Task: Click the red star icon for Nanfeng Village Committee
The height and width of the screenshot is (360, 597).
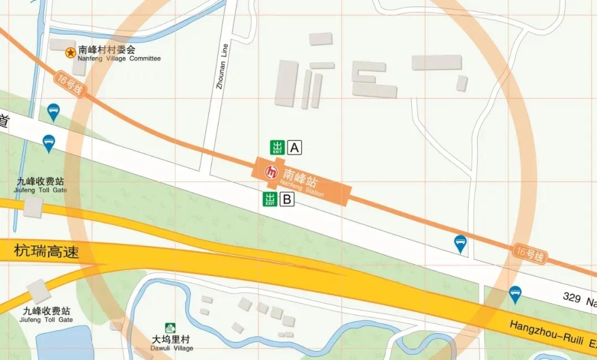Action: click(71, 53)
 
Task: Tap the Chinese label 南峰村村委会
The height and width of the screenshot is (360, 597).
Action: click(107, 49)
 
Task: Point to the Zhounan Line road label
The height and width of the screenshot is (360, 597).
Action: click(222, 67)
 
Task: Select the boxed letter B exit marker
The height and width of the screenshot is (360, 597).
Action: click(287, 199)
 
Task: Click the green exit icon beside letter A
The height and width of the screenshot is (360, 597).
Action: click(277, 148)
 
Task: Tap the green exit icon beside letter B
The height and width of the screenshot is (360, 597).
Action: click(270, 199)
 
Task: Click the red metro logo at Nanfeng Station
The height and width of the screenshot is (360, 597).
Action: click(271, 173)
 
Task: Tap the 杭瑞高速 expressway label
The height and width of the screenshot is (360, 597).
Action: click(46, 252)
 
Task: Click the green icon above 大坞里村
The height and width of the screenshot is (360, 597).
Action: click(171, 328)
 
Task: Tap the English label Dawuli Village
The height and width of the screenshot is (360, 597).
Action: click(172, 348)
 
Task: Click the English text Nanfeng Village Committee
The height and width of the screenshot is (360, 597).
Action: click(119, 59)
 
